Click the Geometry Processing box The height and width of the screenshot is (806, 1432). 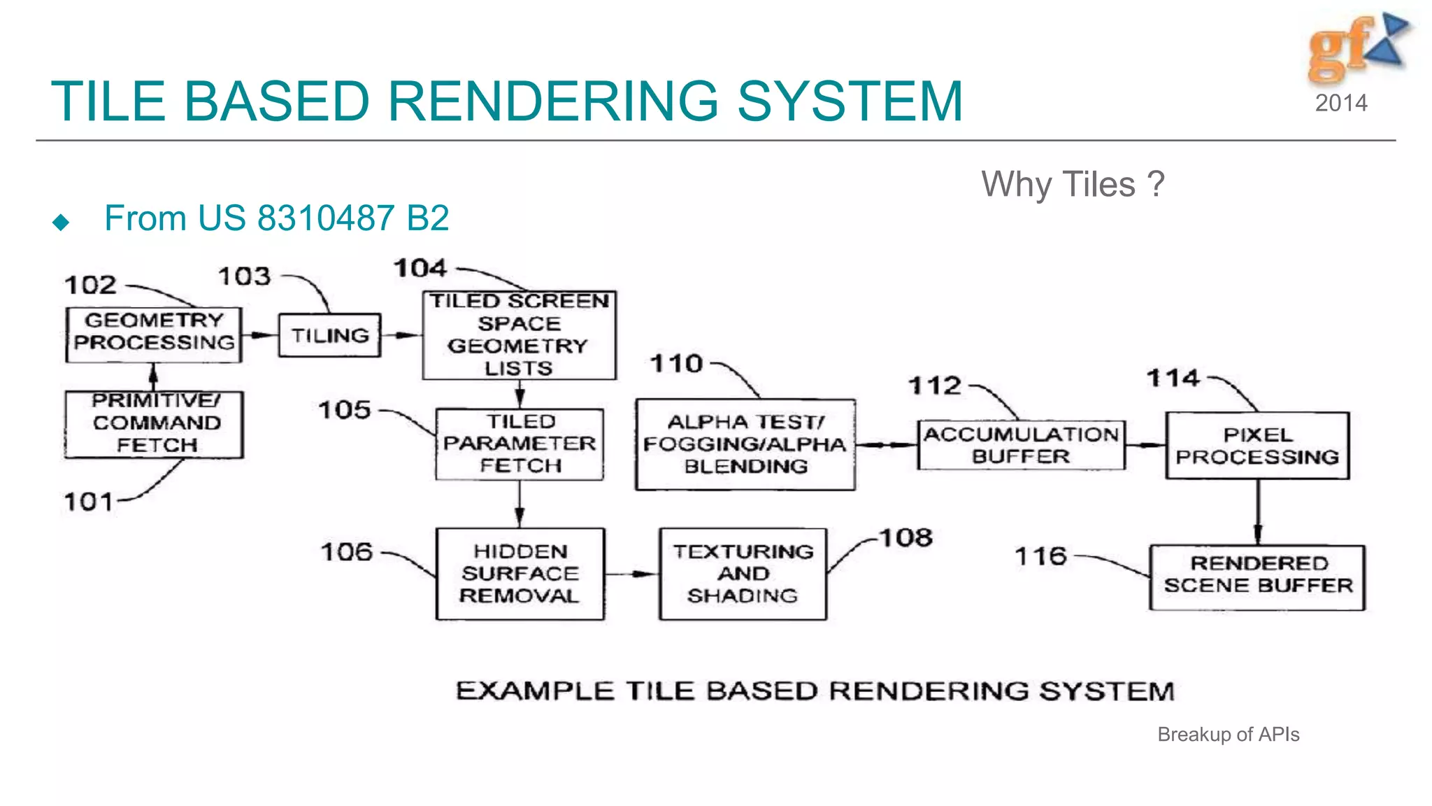point(154,334)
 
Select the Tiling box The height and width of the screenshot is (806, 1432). point(329,336)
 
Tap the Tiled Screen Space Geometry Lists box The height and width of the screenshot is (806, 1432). point(519,335)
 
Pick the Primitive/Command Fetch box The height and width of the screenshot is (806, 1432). point(155,424)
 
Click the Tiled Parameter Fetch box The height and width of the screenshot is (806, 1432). point(520,444)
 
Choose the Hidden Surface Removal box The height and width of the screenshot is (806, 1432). point(520,574)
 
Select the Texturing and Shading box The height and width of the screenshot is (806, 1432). point(743,574)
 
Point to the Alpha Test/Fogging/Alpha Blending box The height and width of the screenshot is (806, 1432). point(745,444)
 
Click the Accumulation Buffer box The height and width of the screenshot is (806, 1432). point(1021,445)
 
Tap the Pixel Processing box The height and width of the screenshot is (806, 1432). point(1257,446)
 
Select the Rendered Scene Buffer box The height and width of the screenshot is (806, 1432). point(1257,577)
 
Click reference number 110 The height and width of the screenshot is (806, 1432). point(676,364)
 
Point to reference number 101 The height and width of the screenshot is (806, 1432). point(88,502)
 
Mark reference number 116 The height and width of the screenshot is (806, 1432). point(1040,557)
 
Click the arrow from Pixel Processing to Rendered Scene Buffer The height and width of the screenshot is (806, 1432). point(1258,512)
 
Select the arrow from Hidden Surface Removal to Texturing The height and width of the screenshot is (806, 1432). point(631,574)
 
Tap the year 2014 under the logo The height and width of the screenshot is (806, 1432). point(1341,104)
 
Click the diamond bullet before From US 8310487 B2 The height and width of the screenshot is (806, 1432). point(62,222)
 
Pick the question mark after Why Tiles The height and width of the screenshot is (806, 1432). point(1157,185)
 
